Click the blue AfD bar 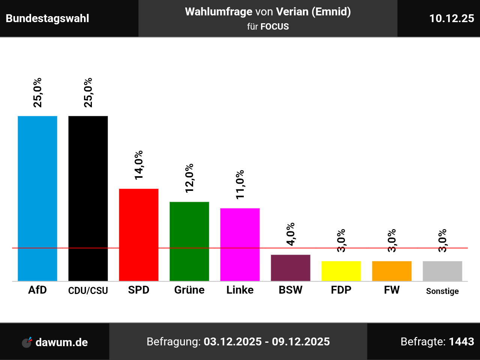pos(37,198)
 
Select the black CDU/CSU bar pos(88,198)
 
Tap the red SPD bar pos(139,235)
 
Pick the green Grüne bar pos(189,241)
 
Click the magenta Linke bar pos(240,244)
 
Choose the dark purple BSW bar pos(291,268)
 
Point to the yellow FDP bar pos(341,271)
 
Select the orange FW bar pos(392,271)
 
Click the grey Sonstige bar pos(442,271)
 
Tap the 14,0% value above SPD pos(139,165)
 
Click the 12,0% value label pos(189,178)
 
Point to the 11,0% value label pos(240,184)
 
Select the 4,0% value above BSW pos(291,234)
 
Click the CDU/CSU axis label pos(88,291)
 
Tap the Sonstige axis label pos(442,291)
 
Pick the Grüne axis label pos(189,290)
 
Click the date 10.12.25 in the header pos(451,18)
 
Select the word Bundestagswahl pos(48,18)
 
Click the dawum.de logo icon pos(27,342)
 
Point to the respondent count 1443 pos(461,342)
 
